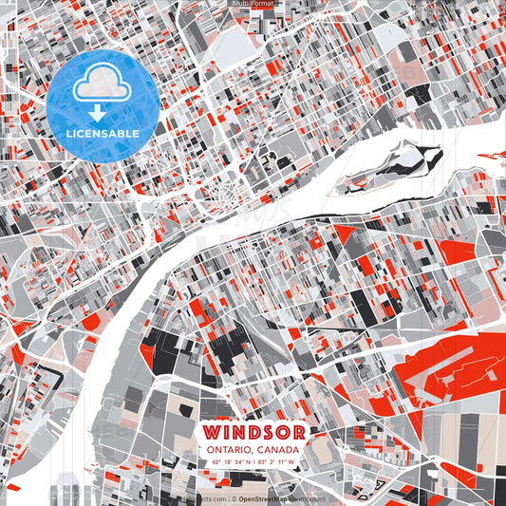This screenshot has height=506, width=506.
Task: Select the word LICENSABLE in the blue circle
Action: pos(102,134)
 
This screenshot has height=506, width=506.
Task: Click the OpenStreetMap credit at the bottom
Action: pos(264,497)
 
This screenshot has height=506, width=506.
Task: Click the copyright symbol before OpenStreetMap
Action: pos(234,497)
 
